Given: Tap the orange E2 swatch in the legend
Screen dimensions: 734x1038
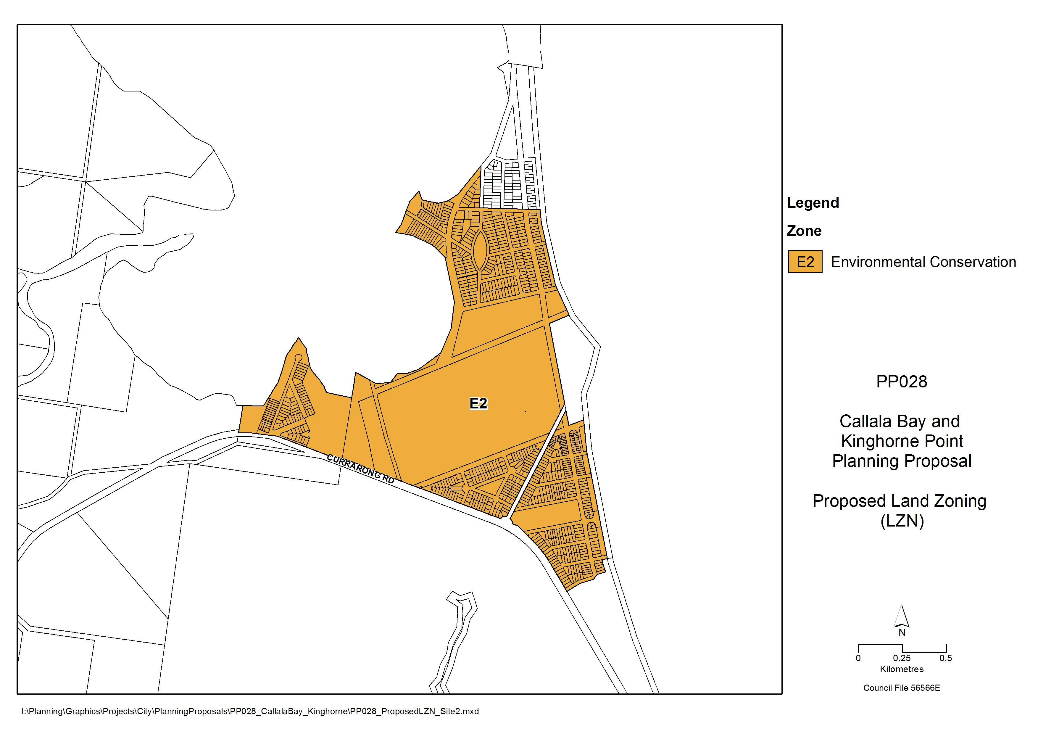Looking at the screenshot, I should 805,262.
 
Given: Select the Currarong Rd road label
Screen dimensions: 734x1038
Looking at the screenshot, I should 360,470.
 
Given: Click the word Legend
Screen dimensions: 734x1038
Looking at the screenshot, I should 813,203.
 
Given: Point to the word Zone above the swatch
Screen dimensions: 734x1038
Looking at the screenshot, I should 804,231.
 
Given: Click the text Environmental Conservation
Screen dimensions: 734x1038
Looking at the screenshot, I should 923,262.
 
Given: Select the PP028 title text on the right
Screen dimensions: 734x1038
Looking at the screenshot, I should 902,382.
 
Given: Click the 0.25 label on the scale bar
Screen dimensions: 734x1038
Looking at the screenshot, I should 902,659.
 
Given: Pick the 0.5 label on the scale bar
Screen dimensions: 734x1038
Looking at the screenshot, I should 946,659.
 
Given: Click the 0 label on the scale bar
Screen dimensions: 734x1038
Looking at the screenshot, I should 858,659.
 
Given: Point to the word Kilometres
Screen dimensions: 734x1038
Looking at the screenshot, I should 902,669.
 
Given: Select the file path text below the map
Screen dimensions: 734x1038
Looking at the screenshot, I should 250,712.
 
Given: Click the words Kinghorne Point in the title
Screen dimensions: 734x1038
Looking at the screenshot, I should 902,441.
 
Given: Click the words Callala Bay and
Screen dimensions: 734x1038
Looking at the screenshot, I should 900,421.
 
